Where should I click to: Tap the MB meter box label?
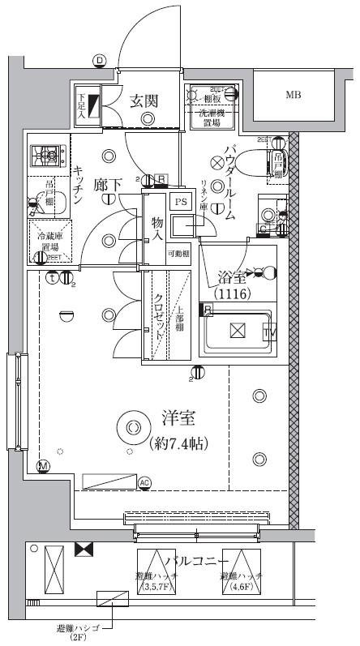pyautogui.click(x=293, y=95)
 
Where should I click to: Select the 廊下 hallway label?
pyautogui.click(x=107, y=186)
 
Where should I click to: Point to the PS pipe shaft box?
pyautogui.click(x=182, y=202)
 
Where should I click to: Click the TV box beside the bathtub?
pyautogui.click(x=268, y=333)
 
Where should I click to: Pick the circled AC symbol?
pyautogui.click(x=145, y=484)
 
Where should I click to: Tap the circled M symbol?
pyautogui.click(x=43, y=465)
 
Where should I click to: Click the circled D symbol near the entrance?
pyautogui.click(x=99, y=60)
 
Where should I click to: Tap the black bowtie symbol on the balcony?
pyautogui.click(x=84, y=550)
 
